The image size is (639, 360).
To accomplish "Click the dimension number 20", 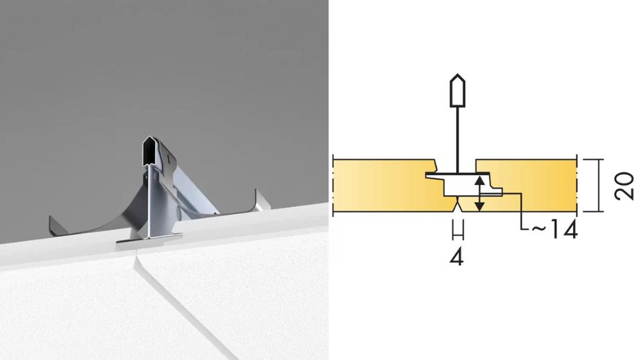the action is [624, 186].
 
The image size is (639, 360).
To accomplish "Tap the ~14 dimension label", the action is [555, 230].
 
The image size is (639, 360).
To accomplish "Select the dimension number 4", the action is [457, 257].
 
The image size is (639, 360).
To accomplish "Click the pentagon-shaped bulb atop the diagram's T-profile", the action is [458, 90].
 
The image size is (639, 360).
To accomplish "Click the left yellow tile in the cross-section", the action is [391, 186].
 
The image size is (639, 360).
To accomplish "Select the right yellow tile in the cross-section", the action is [530, 186].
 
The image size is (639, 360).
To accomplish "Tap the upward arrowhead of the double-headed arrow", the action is [480, 181].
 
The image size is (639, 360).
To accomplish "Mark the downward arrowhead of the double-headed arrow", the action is [480, 206].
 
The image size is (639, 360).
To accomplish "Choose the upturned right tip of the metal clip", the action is [261, 199].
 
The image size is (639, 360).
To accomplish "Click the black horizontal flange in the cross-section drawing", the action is [458, 175].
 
